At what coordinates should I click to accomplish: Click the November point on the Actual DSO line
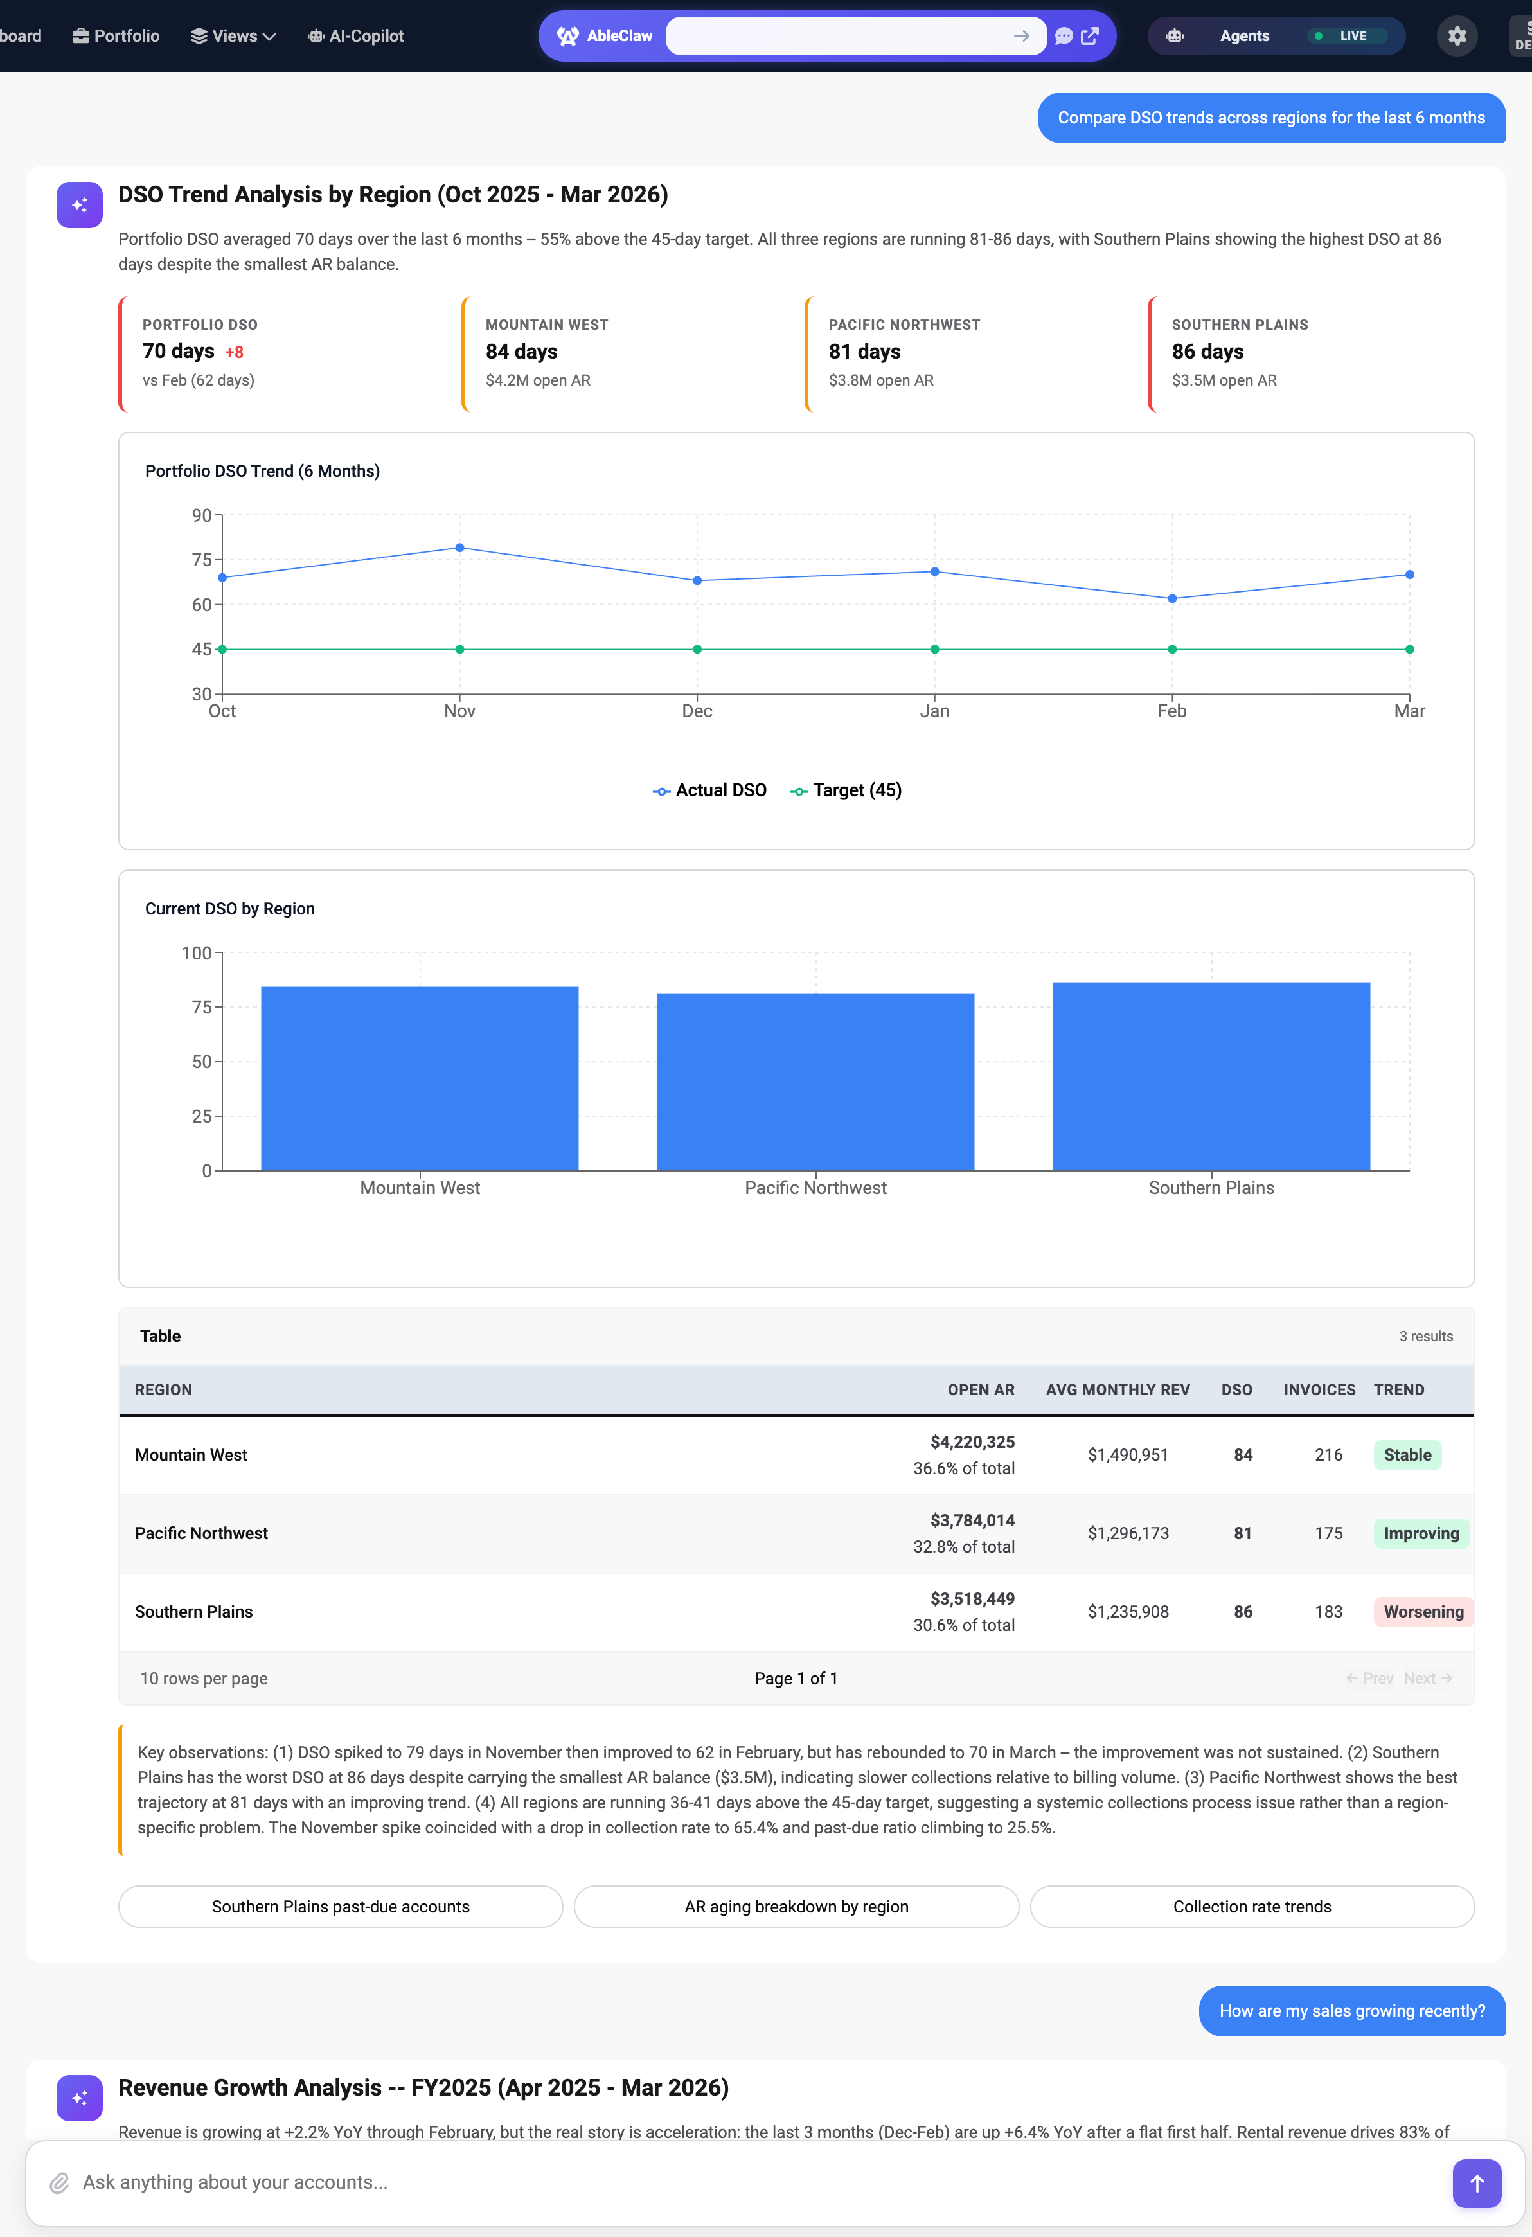pos(460,548)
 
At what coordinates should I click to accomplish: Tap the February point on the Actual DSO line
pos(1172,599)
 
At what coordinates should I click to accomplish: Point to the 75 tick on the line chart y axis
pos(201,560)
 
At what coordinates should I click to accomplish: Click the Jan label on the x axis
pos(934,711)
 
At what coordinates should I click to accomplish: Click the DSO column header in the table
pos(1236,1390)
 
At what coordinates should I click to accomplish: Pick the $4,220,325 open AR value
pos(972,1442)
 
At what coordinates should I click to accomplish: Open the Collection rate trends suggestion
pos(1251,1907)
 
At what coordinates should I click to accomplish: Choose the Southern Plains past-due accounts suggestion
pos(341,1907)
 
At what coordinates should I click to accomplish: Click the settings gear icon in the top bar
pos(1457,35)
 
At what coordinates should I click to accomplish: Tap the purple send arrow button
pos(1476,2183)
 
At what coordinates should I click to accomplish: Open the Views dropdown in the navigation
pos(234,35)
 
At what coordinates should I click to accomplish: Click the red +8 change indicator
pos(234,352)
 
